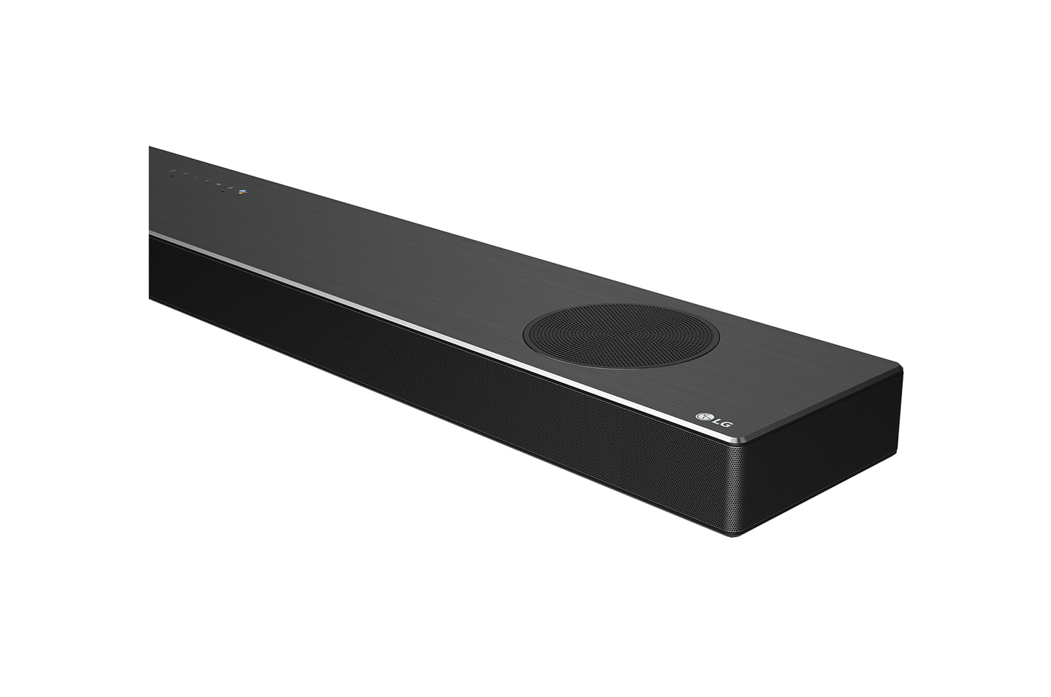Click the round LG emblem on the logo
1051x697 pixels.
pyautogui.click(x=705, y=416)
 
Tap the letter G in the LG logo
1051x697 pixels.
pyautogui.click(x=725, y=425)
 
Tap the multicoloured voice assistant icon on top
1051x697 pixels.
pyautogui.click(x=242, y=192)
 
